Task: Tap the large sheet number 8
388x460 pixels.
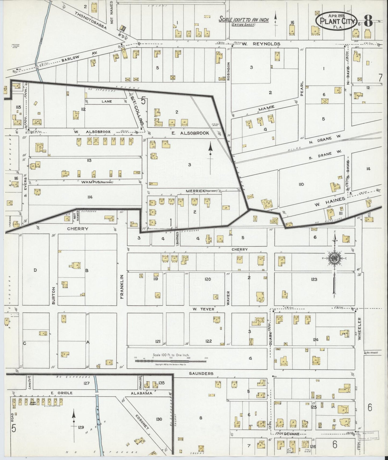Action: pos(368,20)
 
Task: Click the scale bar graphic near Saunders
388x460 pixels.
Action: pos(171,361)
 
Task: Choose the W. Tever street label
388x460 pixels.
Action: pos(204,309)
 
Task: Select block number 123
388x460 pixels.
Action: pos(314,279)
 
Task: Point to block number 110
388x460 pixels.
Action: pos(301,184)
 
